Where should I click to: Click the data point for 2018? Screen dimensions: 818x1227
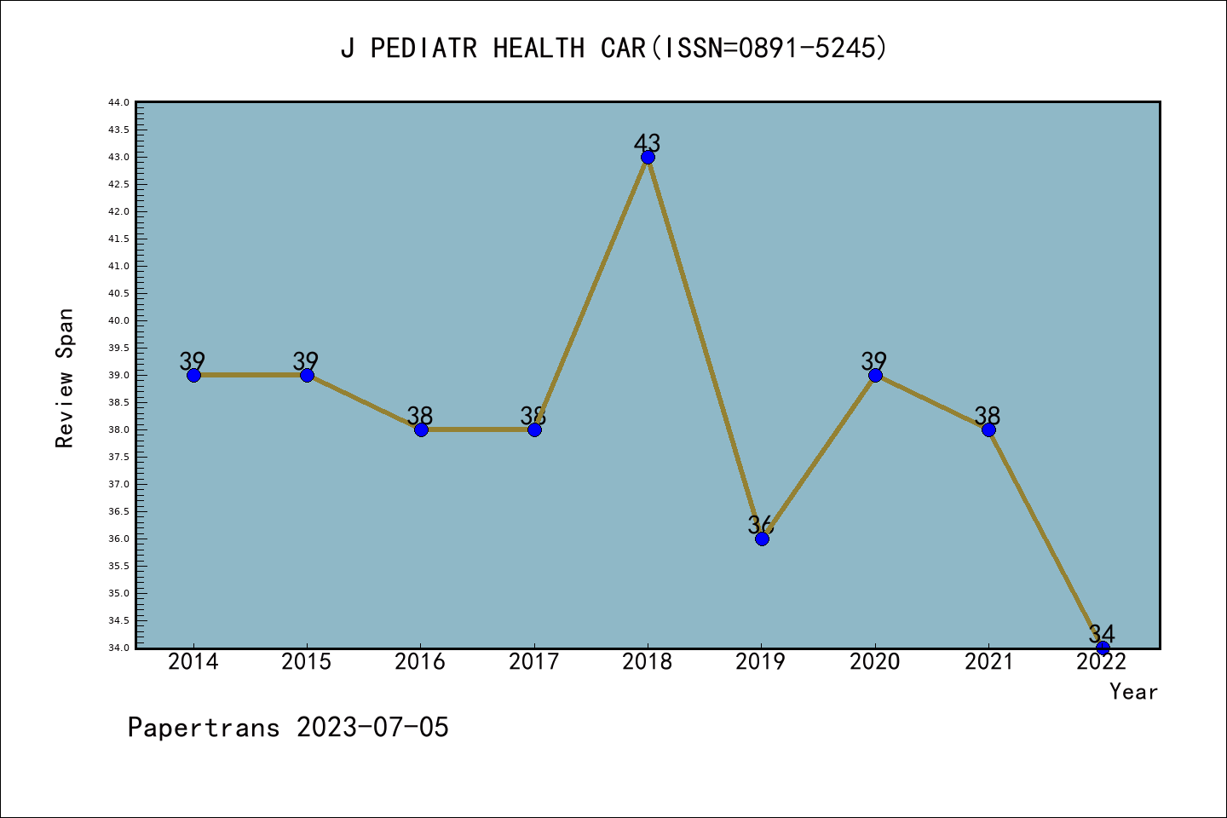tap(648, 157)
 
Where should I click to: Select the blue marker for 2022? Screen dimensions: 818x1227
tap(1103, 648)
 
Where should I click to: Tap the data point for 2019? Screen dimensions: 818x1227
tap(762, 539)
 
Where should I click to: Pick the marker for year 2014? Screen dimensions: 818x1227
tap(193, 375)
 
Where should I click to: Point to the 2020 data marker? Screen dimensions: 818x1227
tap(875, 375)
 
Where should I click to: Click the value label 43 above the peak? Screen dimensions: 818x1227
tap(648, 142)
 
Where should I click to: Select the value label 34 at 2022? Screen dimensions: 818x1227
tap(1102, 633)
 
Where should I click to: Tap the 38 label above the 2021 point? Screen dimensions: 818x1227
tap(988, 415)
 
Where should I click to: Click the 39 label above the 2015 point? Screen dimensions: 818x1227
tap(306, 360)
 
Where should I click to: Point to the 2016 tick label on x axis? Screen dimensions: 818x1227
tap(420, 662)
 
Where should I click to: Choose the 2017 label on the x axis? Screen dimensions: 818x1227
tap(533, 662)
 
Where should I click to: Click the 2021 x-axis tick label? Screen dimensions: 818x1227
tap(988, 662)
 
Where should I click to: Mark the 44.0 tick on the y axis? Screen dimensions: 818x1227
tap(118, 102)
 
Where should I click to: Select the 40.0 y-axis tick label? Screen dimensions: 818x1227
tap(118, 320)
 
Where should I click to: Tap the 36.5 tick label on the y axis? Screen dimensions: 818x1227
tap(118, 511)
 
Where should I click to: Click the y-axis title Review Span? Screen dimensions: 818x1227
tap(65, 378)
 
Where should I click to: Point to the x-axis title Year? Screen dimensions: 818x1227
tap(1133, 692)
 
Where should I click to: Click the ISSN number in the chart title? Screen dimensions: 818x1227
tap(813, 48)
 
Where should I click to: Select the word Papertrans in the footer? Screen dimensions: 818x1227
tap(204, 728)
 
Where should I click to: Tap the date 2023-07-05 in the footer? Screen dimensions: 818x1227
tap(372, 728)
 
